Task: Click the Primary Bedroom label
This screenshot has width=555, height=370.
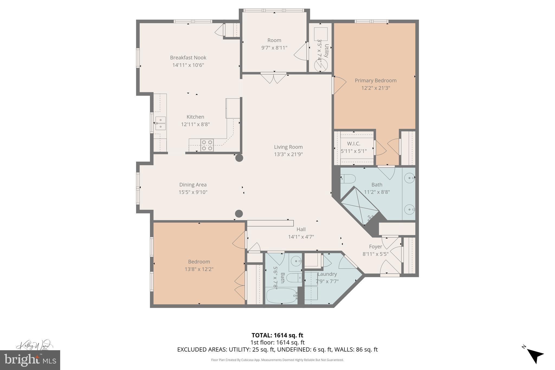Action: pyautogui.click(x=375, y=81)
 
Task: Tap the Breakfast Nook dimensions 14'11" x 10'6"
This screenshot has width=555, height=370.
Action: pyautogui.click(x=188, y=65)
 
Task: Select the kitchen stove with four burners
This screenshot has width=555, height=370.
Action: pyautogui.click(x=207, y=145)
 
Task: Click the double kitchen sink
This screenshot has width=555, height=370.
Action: pyautogui.click(x=160, y=123)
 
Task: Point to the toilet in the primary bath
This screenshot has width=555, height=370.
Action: pyautogui.click(x=348, y=179)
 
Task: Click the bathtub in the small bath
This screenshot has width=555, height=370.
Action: pyautogui.click(x=281, y=296)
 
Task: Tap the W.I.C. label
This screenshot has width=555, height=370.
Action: pyautogui.click(x=353, y=143)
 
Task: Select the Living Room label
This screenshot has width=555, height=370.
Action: pyautogui.click(x=288, y=147)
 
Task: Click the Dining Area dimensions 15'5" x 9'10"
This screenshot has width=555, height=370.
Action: pyautogui.click(x=193, y=192)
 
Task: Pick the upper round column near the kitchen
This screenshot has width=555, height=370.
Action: pyautogui.click(x=239, y=158)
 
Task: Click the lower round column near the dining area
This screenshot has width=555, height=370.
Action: pyautogui.click(x=238, y=214)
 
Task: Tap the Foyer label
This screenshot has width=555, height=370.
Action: pyautogui.click(x=375, y=247)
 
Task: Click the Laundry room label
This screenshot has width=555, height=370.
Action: pyautogui.click(x=327, y=274)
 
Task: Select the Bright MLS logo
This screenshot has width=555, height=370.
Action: pyautogui.click(x=30, y=360)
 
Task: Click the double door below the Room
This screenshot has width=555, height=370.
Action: pyautogui.click(x=273, y=78)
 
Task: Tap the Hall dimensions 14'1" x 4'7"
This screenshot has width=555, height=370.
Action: pyautogui.click(x=301, y=237)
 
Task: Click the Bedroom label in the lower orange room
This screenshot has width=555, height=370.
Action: pyautogui.click(x=199, y=262)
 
